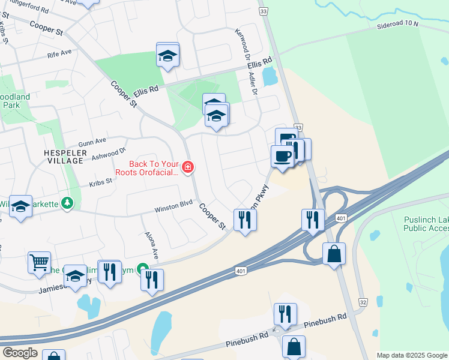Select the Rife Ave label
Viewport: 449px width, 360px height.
59,53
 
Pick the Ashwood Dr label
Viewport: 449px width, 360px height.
109,154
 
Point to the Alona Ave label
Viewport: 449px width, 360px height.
150,245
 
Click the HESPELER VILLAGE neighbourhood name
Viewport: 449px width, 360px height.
63,157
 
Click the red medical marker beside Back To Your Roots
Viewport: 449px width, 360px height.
188,167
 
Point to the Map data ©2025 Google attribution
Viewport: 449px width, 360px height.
411,355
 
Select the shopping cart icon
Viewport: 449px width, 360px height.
39,261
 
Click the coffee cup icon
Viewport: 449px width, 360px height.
283,157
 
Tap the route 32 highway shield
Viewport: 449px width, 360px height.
361,304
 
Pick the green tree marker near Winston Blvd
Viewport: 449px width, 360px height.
68,204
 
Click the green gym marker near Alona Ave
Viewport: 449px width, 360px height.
142,269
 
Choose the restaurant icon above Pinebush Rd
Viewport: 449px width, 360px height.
285,314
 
